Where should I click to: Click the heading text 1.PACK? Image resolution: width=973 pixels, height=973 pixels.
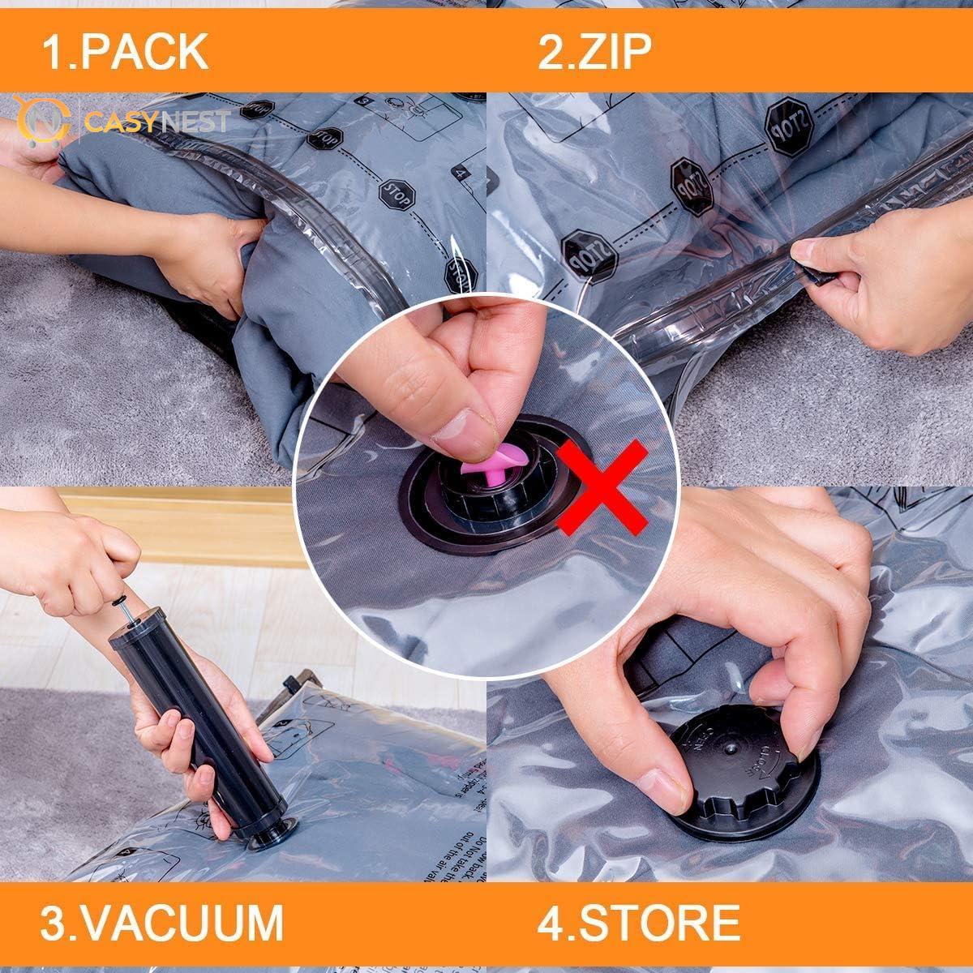point(125,51)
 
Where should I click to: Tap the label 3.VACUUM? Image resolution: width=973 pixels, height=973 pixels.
point(162,922)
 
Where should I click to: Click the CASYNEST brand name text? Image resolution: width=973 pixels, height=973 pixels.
point(157,122)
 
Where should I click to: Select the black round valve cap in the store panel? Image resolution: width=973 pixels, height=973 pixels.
point(742,758)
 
